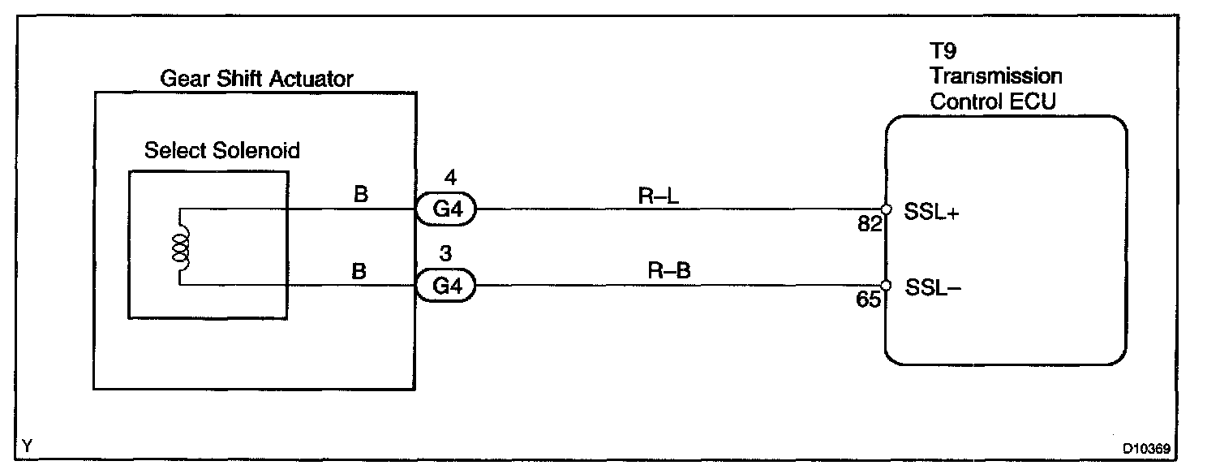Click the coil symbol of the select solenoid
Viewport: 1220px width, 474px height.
(180, 247)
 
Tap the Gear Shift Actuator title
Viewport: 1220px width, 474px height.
(256, 79)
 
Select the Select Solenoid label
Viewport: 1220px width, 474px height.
(221, 150)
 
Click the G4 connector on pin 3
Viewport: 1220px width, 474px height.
(445, 287)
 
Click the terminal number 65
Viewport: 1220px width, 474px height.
(869, 300)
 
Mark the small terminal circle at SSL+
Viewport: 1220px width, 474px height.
(886, 209)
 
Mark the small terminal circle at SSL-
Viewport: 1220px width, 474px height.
(886, 285)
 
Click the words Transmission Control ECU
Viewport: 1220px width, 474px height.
(996, 89)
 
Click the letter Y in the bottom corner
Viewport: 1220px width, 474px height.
(29, 446)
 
